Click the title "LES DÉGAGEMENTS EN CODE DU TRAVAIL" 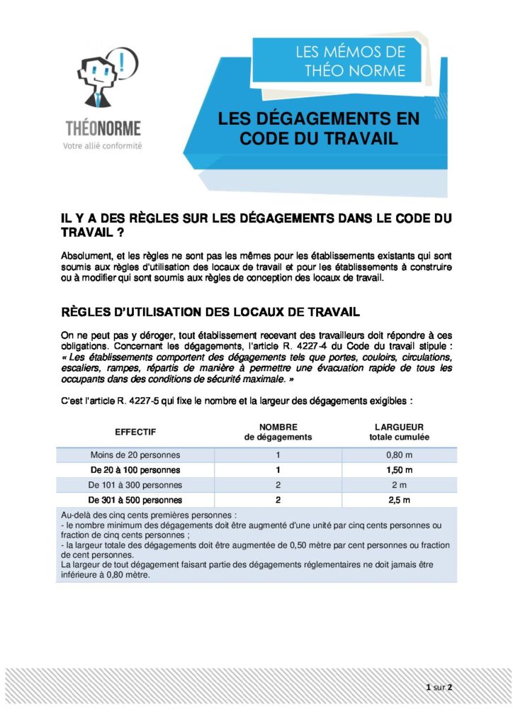click(318, 128)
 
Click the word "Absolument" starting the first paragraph click(84, 255)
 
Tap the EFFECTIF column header click(135, 432)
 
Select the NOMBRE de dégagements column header click(278, 432)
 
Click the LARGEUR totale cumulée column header click(399, 432)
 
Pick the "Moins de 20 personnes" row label click(135, 454)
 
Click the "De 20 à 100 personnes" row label click(135, 470)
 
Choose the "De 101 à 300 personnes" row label click(135, 485)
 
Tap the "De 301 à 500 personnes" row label click(135, 500)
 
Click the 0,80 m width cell click(400, 454)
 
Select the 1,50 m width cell click(400, 470)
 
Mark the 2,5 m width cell click(400, 500)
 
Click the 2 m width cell click(400, 485)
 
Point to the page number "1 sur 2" click(439, 687)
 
